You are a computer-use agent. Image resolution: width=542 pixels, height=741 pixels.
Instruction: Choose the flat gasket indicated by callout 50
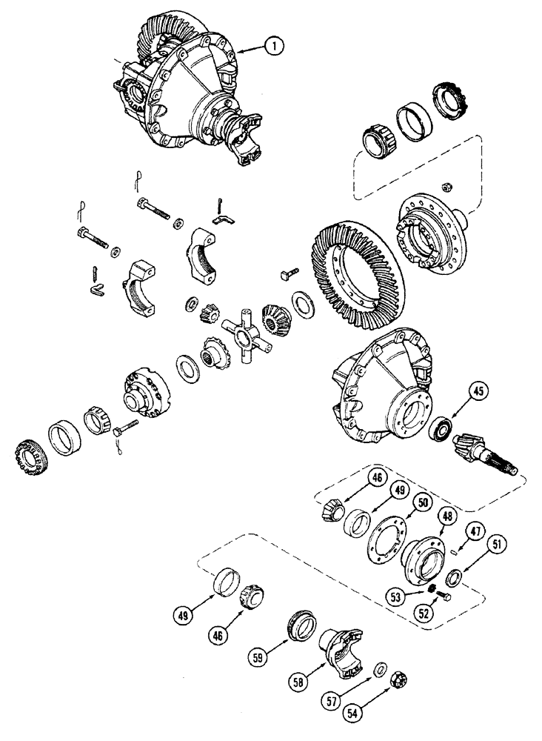pyautogui.click(x=388, y=539)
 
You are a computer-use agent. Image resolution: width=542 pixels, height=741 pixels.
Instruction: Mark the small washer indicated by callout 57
pyautogui.click(x=378, y=669)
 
